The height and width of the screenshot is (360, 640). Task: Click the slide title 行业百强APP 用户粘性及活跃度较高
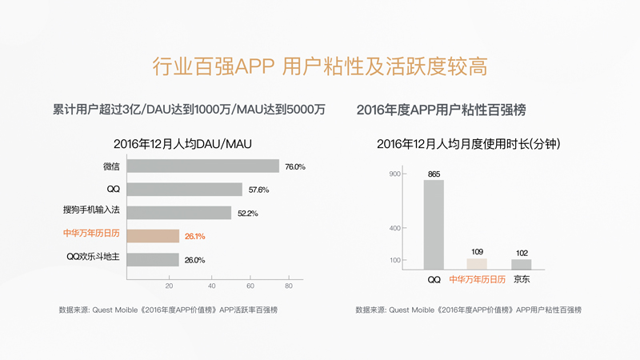pyautogui.click(x=320, y=66)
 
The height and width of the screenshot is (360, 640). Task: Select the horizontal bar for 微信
pyautogui.click(x=203, y=166)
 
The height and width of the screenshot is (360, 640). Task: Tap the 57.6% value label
pyautogui.click(x=258, y=190)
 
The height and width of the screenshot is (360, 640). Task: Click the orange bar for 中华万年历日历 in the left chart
pyautogui.click(x=153, y=236)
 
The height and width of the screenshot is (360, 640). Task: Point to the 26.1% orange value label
pyautogui.click(x=194, y=237)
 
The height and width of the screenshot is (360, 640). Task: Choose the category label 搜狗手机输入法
pyautogui.click(x=91, y=213)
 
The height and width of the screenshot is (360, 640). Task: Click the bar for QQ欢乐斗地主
pyautogui.click(x=153, y=259)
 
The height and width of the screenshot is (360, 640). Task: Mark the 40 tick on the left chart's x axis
pyautogui.click(x=211, y=286)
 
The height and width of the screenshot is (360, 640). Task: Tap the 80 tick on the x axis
pyautogui.click(x=289, y=286)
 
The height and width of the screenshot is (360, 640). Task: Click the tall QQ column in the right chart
pyautogui.click(x=434, y=224)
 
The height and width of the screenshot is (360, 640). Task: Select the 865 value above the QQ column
pyautogui.click(x=434, y=174)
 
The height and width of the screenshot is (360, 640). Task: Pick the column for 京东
pyautogui.click(x=521, y=264)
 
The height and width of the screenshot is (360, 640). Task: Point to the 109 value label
pyautogui.click(x=477, y=252)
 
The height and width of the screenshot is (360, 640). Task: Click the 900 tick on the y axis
pyautogui.click(x=394, y=174)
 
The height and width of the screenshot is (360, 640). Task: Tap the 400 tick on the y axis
pyautogui.click(x=394, y=229)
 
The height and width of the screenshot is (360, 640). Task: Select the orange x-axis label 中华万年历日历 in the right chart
pyautogui.click(x=477, y=280)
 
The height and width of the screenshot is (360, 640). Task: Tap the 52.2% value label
pyautogui.click(x=245, y=214)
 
